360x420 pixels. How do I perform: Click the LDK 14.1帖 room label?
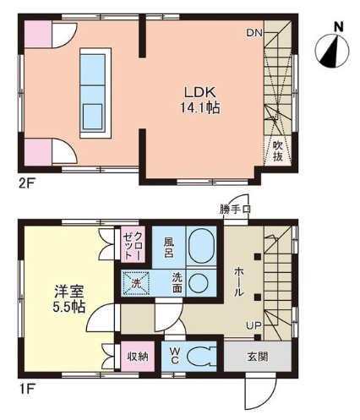[200, 100]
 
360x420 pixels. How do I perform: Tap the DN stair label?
[254, 33]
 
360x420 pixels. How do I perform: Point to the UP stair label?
[254, 326]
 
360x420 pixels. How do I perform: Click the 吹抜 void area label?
[278, 151]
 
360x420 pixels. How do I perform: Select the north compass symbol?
[332, 51]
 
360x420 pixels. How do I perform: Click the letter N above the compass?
[339, 27]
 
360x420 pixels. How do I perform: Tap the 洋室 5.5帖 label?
[69, 299]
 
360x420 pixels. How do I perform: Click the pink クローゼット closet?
[133, 244]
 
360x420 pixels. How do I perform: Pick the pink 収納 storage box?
[138, 357]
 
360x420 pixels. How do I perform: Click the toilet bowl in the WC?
[200, 357]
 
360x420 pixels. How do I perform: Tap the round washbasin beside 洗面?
[199, 283]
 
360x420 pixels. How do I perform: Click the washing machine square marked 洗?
[136, 283]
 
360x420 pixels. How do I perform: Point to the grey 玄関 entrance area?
[258, 357]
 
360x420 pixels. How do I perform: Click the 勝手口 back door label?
[235, 210]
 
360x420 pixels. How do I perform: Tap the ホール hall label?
[239, 281]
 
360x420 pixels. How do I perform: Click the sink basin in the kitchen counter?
[93, 117]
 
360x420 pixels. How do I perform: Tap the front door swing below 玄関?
[261, 390]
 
